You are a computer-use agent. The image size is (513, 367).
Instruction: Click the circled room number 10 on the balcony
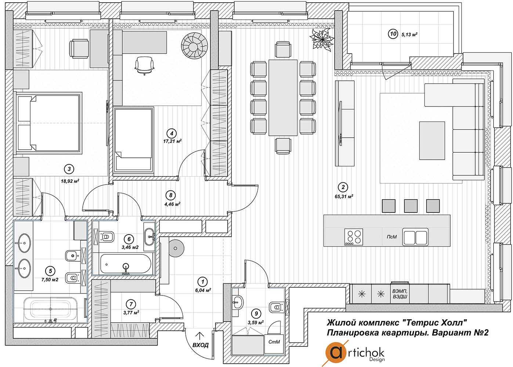point(393,34)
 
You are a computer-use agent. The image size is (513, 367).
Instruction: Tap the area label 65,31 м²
point(343,196)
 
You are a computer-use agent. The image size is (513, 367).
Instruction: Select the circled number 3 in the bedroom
point(69,169)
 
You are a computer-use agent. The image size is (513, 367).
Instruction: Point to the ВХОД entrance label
point(200,345)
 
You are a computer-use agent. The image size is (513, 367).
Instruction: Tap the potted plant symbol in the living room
point(322,40)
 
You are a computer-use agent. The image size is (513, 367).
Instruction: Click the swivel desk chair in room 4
point(144,65)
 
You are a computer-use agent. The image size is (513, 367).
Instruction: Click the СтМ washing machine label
point(274,342)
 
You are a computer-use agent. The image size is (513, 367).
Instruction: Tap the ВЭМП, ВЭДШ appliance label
point(400,294)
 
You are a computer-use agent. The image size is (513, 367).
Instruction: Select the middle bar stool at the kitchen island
point(411,206)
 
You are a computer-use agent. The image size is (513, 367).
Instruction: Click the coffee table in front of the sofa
point(432,141)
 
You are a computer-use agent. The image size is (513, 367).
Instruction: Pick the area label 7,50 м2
point(50,280)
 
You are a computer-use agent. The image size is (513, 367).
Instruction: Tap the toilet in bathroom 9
point(275,307)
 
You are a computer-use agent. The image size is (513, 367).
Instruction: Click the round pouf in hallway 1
point(176,248)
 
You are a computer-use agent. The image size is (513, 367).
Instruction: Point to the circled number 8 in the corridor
point(171,195)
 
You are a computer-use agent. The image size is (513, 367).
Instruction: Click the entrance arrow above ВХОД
point(200,335)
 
